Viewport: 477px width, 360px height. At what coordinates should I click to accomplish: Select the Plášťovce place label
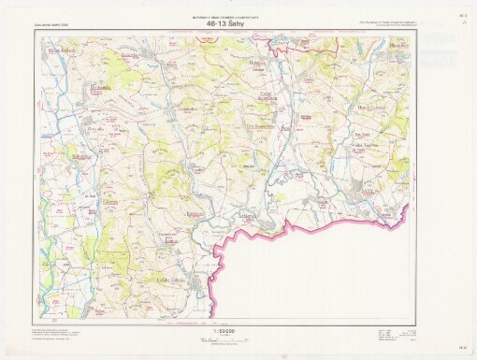pos(400,45)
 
